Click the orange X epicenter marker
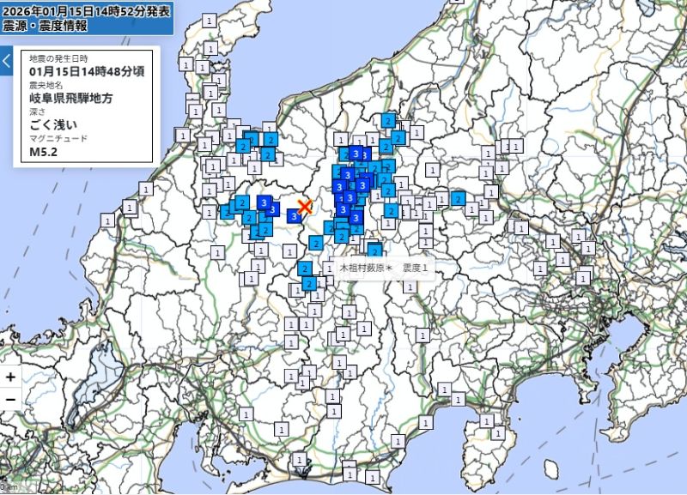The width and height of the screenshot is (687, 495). [304, 206]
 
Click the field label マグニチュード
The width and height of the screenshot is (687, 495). [58, 139]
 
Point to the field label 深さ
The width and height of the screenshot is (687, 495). [35, 112]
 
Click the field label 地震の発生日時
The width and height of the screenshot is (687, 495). [58, 58]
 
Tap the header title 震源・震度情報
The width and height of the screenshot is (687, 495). [46, 26]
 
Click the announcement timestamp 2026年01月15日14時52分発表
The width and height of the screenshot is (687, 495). [87, 10]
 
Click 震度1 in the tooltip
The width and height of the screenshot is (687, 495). [416, 269]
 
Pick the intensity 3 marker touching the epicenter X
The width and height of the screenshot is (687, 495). [294, 216]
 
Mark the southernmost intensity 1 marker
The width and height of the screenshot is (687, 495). [350, 473]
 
